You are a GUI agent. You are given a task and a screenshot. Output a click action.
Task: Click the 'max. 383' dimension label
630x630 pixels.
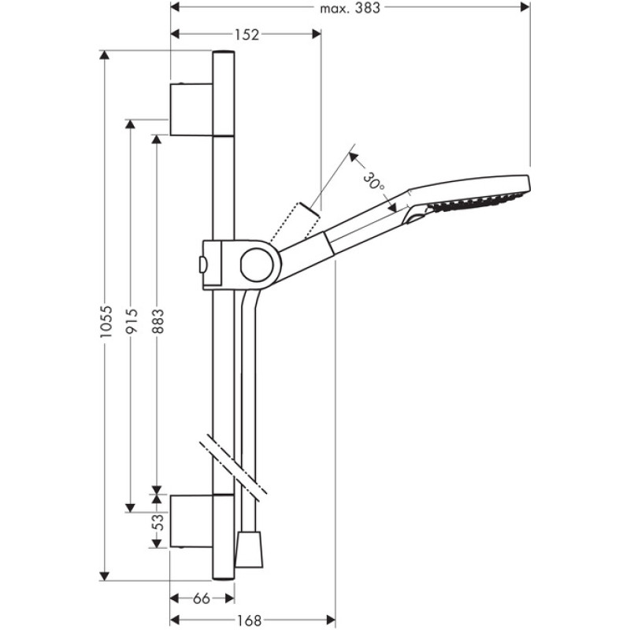[x=350, y=8]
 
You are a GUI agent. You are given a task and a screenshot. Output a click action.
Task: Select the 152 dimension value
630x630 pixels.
[x=246, y=35]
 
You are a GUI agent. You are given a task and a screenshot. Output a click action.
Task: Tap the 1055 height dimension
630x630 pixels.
[x=106, y=321]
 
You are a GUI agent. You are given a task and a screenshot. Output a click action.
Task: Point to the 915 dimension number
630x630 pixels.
[x=132, y=321]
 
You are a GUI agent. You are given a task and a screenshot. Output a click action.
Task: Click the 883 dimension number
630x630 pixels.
[x=158, y=321]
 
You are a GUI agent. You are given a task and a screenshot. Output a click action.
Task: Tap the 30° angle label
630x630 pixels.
[x=374, y=182]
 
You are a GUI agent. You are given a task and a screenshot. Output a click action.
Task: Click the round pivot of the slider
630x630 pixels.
[x=258, y=265]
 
